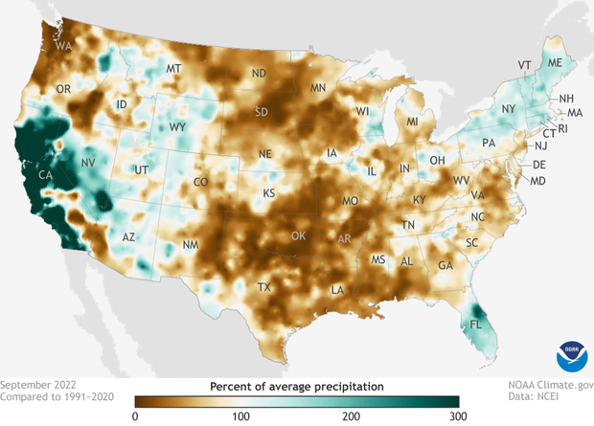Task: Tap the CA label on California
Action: tap(44, 175)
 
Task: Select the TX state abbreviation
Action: tap(264, 287)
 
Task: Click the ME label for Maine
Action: tap(554, 62)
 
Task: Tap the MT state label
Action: tap(173, 70)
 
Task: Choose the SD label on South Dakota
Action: tap(261, 112)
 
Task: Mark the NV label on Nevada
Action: tap(88, 164)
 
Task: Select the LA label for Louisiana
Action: tap(338, 290)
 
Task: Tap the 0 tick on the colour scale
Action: tap(135, 415)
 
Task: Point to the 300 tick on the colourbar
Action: tap(458, 415)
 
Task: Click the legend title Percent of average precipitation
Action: tap(296, 385)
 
